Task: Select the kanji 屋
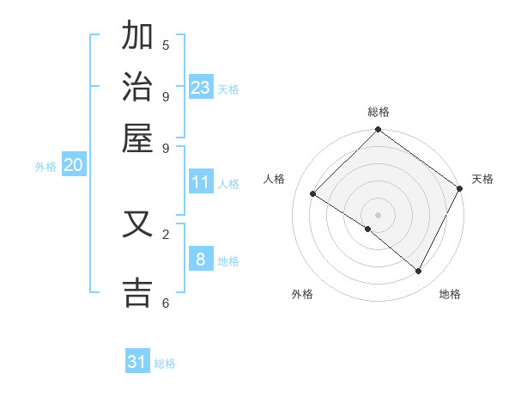pyautogui.click(x=137, y=138)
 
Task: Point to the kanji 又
pyautogui.click(x=137, y=225)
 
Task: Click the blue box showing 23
pyautogui.click(x=201, y=88)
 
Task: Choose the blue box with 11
pyautogui.click(x=201, y=182)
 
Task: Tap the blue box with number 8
pyautogui.click(x=201, y=259)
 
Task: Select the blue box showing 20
pyautogui.click(x=74, y=165)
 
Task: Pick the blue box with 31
pyautogui.click(x=137, y=362)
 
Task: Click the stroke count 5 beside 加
pyautogui.click(x=166, y=46)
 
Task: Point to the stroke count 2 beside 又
pyautogui.click(x=166, y=233)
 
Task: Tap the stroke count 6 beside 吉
pyautogui.click(x=166, y=303)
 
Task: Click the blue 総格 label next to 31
pyautogui.click(x=165, y=364)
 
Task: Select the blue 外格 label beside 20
pyautogui.click(x=45, y=167)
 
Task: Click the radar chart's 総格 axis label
pyautogui.click(x=378, y=112)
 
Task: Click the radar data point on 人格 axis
pyautogui.click(x=313, y=194)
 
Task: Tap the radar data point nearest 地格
pyautogui.click(x=419, y=271)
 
